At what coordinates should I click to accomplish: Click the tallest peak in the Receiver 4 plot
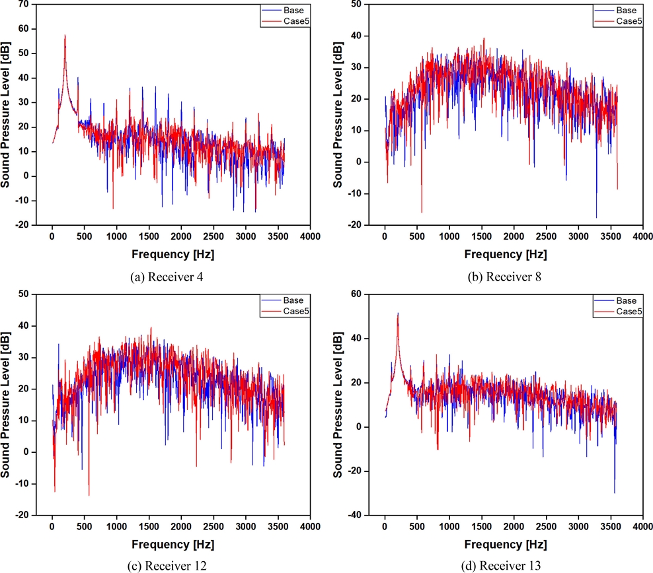tap(65, 36)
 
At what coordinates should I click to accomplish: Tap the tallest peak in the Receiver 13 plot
tap(397, 314)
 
